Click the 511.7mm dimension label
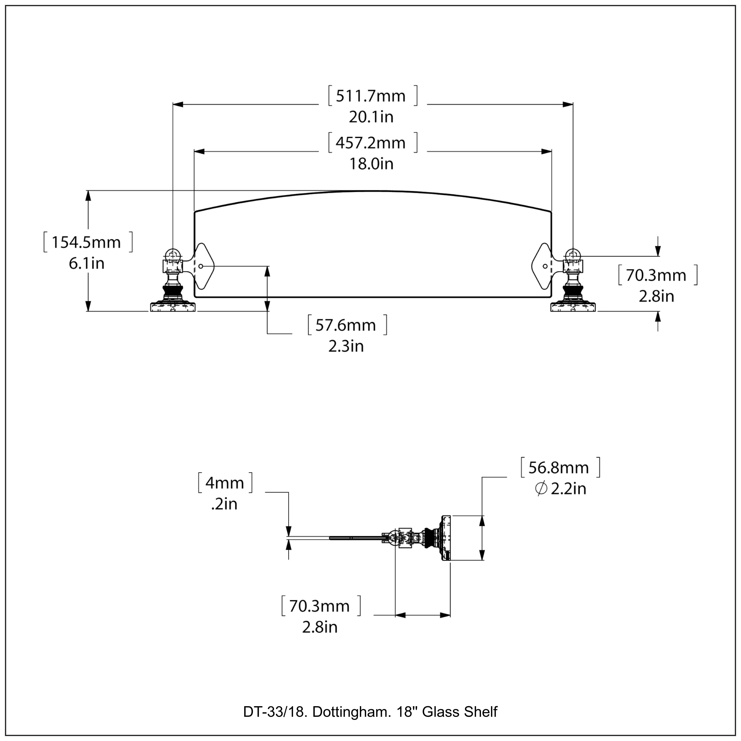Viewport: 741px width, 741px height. click(x=370, y=96)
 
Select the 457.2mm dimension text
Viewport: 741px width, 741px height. click(x=370, y=143)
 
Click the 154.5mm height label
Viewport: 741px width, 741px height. click(x=86, y=242)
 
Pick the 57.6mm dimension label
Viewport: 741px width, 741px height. click(x=346, y=325)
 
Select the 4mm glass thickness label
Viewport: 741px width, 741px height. click(x=225, y=483)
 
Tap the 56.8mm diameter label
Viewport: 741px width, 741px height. click(x=558, y=468)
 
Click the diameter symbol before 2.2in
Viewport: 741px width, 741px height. click(x=541, y=489)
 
